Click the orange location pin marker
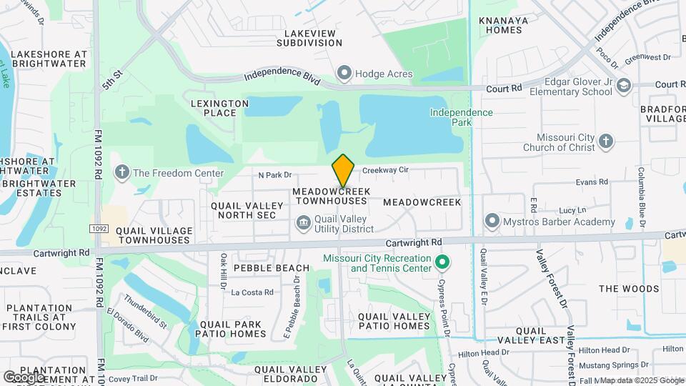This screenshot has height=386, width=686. point(343,171)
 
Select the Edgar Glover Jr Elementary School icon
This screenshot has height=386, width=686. point(624,86)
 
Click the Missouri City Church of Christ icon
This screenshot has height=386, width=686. point(606,140)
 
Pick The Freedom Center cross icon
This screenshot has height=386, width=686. point(122,172)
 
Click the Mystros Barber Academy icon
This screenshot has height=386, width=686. point(491,221)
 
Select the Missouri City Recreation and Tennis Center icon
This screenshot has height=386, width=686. point(442,262)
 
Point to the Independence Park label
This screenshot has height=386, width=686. point(461,117)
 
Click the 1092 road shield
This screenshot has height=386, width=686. point(99,229)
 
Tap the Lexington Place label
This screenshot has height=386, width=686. point(219,108)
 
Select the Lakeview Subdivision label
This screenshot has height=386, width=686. point(313,38)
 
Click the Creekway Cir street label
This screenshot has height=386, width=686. point(384,170)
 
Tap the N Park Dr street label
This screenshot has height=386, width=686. point(275,174)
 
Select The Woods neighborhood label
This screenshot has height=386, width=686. point(629,289)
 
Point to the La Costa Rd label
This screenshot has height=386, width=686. point(252,292)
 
